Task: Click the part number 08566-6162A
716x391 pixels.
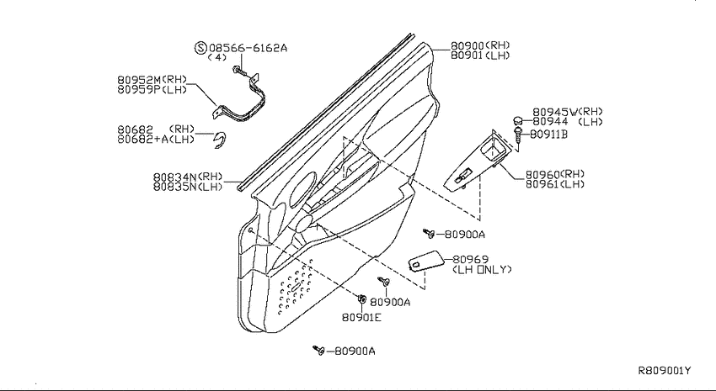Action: point(248,47)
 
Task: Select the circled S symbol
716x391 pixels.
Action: point(201,47)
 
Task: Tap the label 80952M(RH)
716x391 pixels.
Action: point(152,80)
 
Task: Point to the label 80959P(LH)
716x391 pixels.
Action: point(152,89)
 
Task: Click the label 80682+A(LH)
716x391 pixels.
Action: point(156,139)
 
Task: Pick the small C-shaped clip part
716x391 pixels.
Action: point(221,140)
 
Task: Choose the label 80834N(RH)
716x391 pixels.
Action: point(188,177)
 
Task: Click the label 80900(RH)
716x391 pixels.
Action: point(480,45)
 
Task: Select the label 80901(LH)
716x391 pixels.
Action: point(480,55)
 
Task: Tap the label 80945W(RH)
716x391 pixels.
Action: point(568,112)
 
